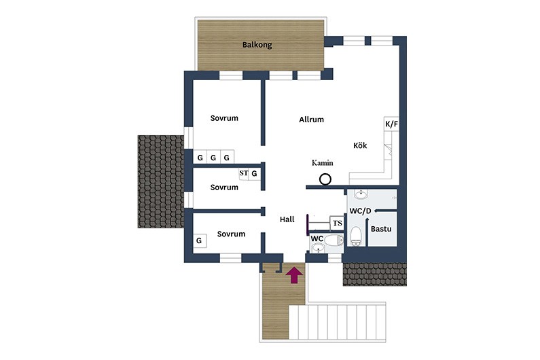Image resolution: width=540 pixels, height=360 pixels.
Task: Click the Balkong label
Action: (x=257, y=45)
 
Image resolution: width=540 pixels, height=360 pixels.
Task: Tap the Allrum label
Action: (x=311, y=120)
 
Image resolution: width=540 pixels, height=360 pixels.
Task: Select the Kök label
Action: (x=360, y=145)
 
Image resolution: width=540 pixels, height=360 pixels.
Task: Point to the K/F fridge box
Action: (x=391, y=124)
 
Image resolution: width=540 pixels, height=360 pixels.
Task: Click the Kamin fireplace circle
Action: (x=325, y=179)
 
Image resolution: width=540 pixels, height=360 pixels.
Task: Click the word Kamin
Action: (x=323, y=163)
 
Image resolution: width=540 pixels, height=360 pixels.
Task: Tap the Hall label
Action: (x=287, y=219)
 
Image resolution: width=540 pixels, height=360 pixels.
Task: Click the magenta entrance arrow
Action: (x=294, y=274)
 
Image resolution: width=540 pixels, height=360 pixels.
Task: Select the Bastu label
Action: (x=381, y=229)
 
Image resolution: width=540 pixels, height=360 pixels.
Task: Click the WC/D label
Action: (x=360, y=211)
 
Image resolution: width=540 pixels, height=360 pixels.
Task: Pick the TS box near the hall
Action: (x=337, y=223)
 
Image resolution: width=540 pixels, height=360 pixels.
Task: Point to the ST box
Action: (x=243, y=173)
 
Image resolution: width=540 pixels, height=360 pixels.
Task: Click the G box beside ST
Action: (x=254, y=174)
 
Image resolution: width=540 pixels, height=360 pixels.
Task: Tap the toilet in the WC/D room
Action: (x=356, y=236)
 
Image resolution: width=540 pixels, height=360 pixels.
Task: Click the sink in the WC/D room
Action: (x=361, y=195)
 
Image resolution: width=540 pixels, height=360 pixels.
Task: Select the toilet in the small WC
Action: (x=334, y=240)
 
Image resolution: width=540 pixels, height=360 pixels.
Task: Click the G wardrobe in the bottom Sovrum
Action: (x=199, y=240)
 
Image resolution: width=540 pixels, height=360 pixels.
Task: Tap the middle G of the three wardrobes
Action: (x=213, y=158)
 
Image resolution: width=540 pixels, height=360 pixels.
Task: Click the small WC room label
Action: (x=317, y=238)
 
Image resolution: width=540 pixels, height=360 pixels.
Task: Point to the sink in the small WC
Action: (x=317, y=248)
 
